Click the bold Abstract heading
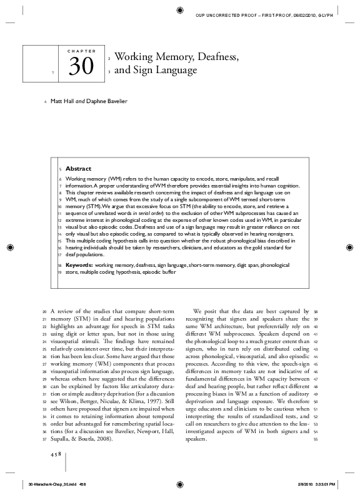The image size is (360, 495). (x=78, y=168)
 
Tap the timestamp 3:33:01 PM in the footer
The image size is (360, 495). (x=323, y=483)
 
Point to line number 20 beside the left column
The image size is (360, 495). (x=43, y=311)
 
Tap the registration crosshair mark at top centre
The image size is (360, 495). (x=180, y=9)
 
